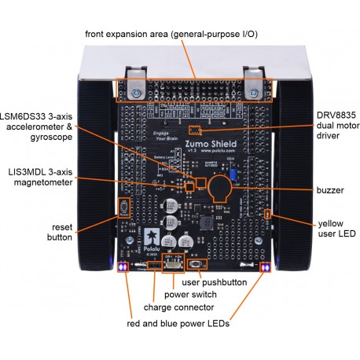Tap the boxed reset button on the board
(123, 208)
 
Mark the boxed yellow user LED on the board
(268, 214)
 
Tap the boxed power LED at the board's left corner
(123, 267)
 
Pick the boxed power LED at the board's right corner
(266, 267)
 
